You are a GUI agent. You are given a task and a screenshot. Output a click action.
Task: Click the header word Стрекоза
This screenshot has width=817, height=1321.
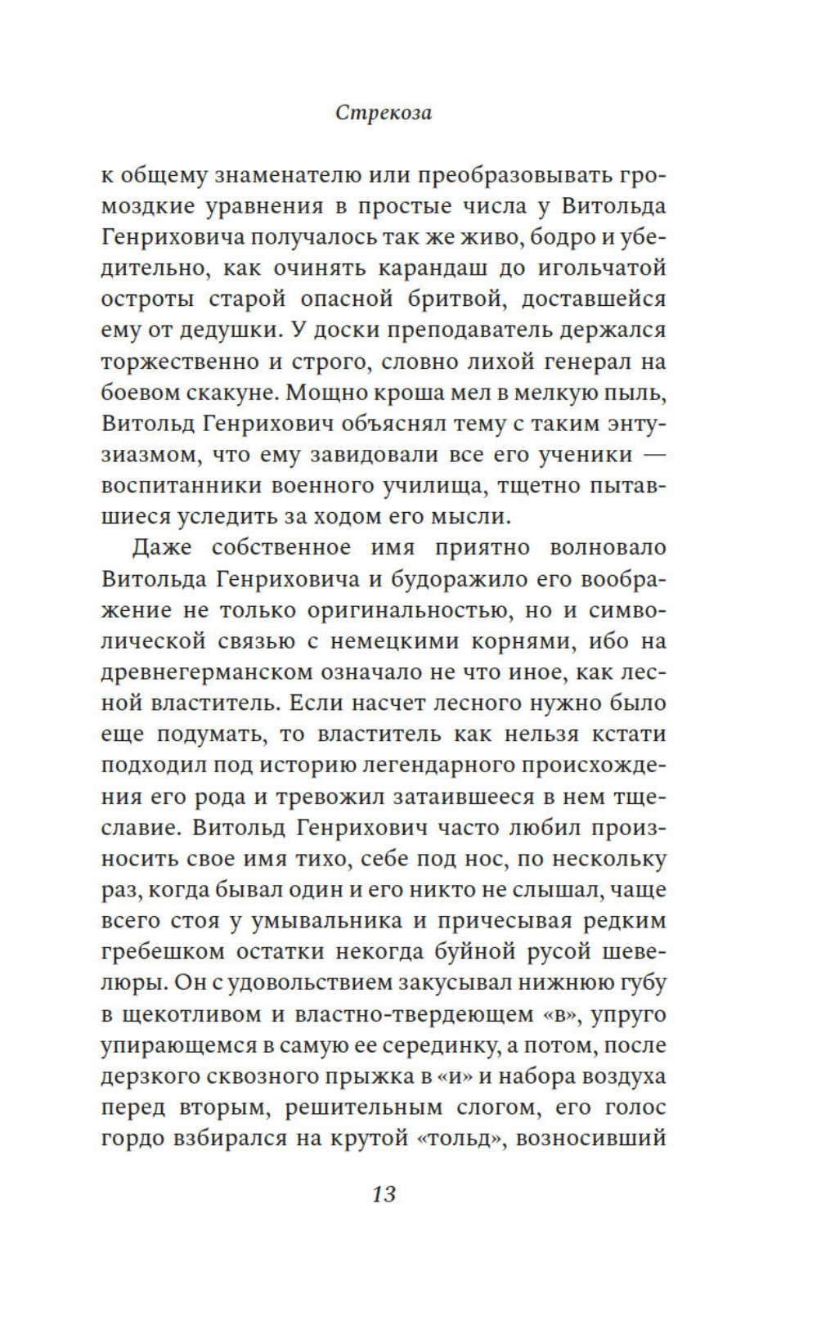(384, 113)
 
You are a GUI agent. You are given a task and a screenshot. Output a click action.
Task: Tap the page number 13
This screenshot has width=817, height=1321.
(384, 1193)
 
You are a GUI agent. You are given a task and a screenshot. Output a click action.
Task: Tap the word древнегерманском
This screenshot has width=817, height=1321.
(206, 672)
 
